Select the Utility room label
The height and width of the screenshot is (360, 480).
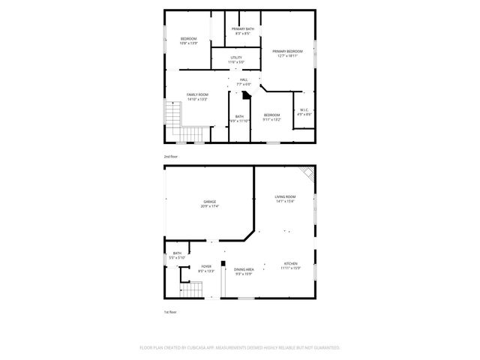(x=236, y=59)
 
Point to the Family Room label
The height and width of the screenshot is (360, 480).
(x=197, y=97)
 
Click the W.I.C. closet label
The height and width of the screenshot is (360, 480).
(x=304, y=112)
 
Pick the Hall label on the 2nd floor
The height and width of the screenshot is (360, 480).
(x=244, y=82)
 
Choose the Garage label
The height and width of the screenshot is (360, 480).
(x=209, y=203)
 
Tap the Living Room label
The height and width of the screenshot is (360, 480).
(x=285, y=199)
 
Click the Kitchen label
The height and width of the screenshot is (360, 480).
(x=290, y=266)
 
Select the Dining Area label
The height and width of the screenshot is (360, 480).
(x=244, y=271)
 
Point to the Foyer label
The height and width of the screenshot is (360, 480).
(x=206, y=268)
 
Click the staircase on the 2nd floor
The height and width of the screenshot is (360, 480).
(x=174, y=116)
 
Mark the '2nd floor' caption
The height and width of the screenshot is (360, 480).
(x=171, y=156)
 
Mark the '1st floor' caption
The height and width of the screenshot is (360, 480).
(x=171, y=311)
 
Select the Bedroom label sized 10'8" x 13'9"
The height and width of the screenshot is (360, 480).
(x=188, y=40)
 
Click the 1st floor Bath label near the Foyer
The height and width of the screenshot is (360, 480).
(x=178, y=256)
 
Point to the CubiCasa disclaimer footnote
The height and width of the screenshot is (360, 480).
(x=240, y=348)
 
